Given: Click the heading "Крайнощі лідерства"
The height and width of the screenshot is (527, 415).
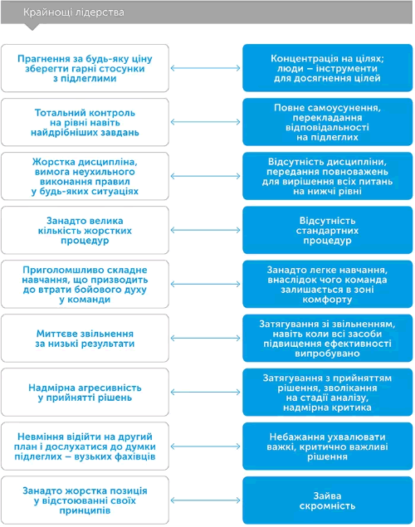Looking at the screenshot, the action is click(74, 12).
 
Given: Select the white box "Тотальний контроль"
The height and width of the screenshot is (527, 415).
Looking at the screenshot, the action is click(85, 122).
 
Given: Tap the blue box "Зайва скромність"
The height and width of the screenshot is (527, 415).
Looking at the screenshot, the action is click(327, 500).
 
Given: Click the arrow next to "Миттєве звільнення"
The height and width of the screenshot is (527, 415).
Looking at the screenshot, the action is click(205, 338).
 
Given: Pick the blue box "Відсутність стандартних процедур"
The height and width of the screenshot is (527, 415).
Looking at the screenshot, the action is click(327, 230).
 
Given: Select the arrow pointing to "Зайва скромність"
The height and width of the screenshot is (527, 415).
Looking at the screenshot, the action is click(205, 500).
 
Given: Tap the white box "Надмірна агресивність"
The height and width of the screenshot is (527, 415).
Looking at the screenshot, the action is click(85, 393).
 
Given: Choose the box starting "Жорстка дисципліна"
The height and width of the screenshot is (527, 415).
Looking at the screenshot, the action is click(85, 176).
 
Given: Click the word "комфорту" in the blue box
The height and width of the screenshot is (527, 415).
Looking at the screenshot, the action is click(327, 300).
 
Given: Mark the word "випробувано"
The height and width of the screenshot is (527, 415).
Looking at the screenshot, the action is click(327, 354).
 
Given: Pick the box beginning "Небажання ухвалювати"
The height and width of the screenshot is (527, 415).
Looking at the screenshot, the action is click(327, 446).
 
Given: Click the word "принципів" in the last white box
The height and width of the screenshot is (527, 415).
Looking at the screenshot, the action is click(85, 511).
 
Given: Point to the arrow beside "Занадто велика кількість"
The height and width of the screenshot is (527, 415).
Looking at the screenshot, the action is click(205, 230).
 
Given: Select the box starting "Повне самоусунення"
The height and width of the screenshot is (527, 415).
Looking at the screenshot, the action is click(327, 122).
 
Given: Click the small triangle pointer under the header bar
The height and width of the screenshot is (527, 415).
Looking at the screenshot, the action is click(32, 27).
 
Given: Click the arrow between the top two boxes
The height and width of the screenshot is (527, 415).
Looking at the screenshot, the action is click(205, 68).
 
